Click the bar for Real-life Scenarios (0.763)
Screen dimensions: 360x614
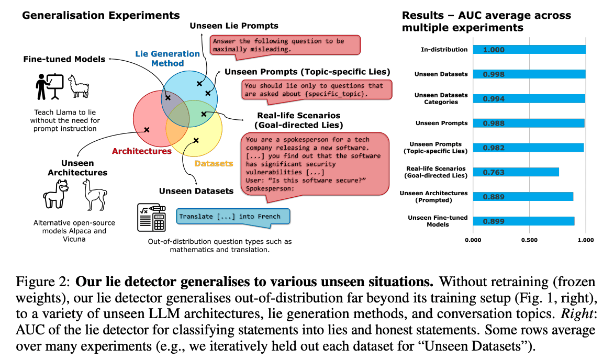click(x=516, y=172)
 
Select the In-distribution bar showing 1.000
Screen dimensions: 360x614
click(x=529, y=50)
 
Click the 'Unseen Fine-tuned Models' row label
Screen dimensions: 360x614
click(x=434, y=221)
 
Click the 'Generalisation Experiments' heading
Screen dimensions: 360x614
click(x=101, y=16)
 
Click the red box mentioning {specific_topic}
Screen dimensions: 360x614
click(x=316, y=89)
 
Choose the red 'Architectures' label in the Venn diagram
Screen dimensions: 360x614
click(x=142, y=151)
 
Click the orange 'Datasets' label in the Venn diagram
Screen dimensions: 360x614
click(x=214, y=164)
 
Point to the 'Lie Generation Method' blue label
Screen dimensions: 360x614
click(x=168, y=58)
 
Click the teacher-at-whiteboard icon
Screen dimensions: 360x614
click(x=50, y=86)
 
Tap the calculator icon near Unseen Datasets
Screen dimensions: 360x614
click(x=151, y=217)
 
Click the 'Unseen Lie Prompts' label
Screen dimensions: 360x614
click(x=234, y=25)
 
